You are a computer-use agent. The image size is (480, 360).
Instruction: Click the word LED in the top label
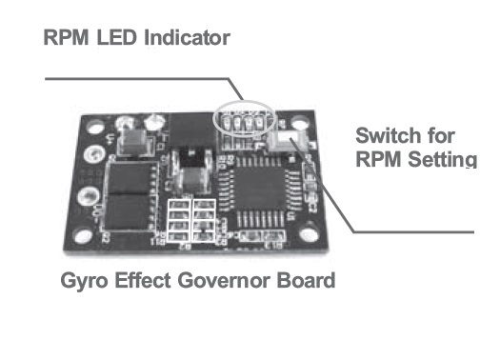[117, 37]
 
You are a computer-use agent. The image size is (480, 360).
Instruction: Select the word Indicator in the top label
[187, 37]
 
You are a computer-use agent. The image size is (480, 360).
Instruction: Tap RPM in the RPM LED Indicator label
[66, 37]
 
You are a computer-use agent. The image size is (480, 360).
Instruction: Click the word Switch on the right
[388, 135]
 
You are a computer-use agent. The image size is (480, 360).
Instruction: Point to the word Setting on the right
[442, 159]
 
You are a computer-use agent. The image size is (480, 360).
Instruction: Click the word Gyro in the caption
[84, 281]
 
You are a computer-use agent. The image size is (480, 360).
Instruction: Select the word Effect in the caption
[143, 280]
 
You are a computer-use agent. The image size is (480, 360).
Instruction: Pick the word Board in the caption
[306, 280]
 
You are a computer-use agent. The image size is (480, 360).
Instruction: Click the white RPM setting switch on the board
[287, 141]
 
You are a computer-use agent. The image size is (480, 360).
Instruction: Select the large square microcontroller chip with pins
[260, 189]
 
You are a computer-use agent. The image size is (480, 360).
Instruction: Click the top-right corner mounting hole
[299, 122]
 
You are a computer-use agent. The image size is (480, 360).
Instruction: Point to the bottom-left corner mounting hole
[83, 235]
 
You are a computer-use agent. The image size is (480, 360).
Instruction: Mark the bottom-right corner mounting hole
[308, 234]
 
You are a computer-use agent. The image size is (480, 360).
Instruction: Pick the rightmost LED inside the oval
[259, 122]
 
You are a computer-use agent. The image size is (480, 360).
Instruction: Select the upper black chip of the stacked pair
[130, 178]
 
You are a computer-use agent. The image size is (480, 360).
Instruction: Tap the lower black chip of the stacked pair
[127, 211]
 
